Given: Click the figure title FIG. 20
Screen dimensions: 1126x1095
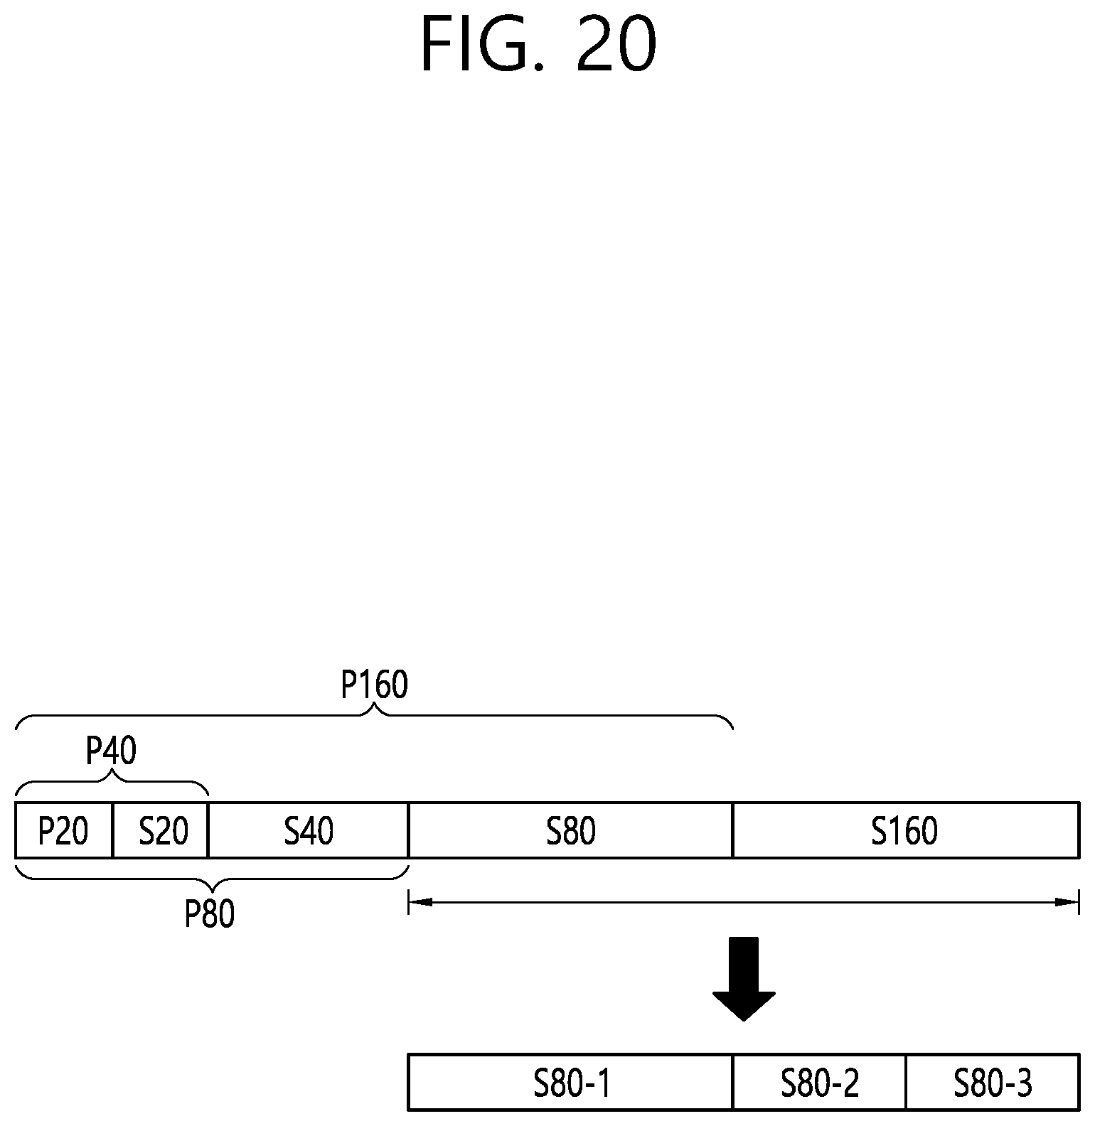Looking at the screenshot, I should [538, 45].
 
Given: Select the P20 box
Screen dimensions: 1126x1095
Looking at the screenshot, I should [63, 830].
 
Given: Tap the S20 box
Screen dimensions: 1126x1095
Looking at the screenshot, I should [161, 830].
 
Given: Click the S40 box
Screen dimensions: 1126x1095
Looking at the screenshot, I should [309, 830].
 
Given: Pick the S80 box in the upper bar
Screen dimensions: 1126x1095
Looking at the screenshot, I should [570, 830].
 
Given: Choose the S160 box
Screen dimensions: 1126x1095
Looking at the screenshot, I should [905, 830].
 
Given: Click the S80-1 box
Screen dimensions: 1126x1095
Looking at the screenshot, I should [570, 1083].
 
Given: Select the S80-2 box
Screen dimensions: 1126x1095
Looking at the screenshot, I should [819, 1083].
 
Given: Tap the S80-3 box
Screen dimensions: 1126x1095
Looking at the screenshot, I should [993, 1083].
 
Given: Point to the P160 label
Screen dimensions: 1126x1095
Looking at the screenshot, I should [375, 685].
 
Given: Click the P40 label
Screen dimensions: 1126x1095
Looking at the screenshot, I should [111, 751].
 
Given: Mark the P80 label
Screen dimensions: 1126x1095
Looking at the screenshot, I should [210, 915].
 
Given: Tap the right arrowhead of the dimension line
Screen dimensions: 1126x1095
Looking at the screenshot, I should [1068, 902].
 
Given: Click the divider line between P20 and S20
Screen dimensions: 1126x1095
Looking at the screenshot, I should [112, 830].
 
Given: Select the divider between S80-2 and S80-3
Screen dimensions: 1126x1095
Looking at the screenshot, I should [906, 1083].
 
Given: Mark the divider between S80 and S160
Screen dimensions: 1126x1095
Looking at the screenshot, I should [732, 830].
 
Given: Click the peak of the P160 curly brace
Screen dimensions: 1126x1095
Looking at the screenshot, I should [375, 707].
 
